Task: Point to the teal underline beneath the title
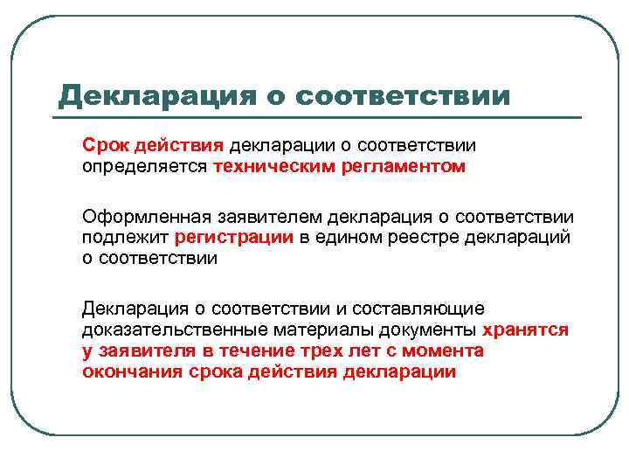pos(320,117)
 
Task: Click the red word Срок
pos(105,144)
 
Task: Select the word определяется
pos(144,165)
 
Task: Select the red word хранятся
pos(525,330)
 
